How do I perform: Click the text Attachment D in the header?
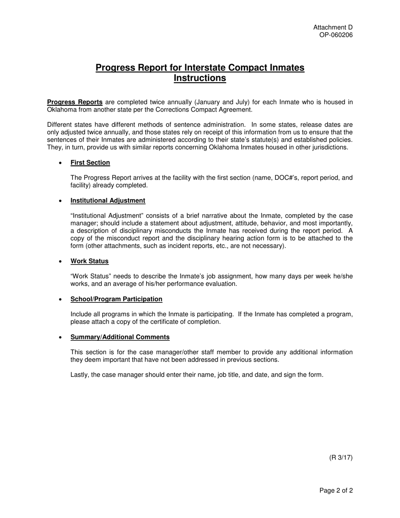tap(333, 27)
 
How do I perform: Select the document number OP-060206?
tap(336, 35)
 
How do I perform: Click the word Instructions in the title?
tap(200, 78)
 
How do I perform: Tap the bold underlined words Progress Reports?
tap(75, 102)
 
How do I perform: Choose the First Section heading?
tap(90, 163)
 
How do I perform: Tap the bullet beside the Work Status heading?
tap(61, 262)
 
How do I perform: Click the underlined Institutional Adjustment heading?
tap(108, 200)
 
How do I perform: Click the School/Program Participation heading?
tap(116, 299)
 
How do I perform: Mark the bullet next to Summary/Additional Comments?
tap(61, 337)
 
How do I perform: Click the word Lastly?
tap(80, 375)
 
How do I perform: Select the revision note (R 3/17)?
tap(341, 458)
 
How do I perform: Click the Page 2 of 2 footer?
tap(336, 491)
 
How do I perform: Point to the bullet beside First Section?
tap(61, 163)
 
